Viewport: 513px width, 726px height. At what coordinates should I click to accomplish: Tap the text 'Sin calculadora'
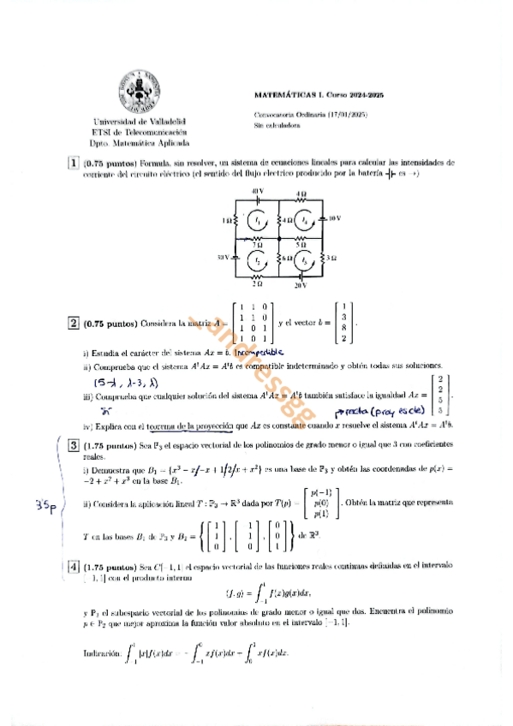point(273,125)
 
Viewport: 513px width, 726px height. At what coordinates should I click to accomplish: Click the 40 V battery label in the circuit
point(257,190)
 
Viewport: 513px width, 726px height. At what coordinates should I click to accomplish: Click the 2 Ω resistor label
point(257,283)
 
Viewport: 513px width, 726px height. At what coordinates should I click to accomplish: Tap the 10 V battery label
point(334,218)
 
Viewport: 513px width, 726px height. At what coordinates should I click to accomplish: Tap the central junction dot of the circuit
point(280,239)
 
